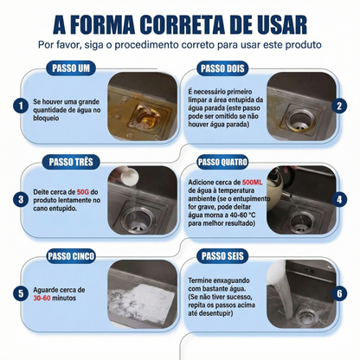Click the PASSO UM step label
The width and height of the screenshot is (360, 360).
tap(71, 68)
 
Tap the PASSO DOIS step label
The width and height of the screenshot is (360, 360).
tap(222, 68)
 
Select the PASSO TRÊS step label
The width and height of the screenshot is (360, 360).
tap(71, 162)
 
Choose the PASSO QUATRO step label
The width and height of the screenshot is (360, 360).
tap(222, 162)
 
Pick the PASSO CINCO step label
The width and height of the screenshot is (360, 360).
tap(71, 256)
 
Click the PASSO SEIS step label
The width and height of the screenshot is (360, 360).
tap(222, 256)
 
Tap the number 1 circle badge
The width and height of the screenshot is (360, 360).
tap(21, 106)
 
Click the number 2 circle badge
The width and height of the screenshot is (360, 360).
tap(339, 106)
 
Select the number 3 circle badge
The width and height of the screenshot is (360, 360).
tap(21, 200)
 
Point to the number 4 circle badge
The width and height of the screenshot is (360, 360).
tap(339, 200)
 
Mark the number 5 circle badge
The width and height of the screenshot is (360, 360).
tap(21, 293)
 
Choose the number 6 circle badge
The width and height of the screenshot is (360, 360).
tap(339, 293)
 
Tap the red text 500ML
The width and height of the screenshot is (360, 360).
tap(253, 183)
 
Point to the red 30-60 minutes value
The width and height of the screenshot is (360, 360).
tap(42, 298)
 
